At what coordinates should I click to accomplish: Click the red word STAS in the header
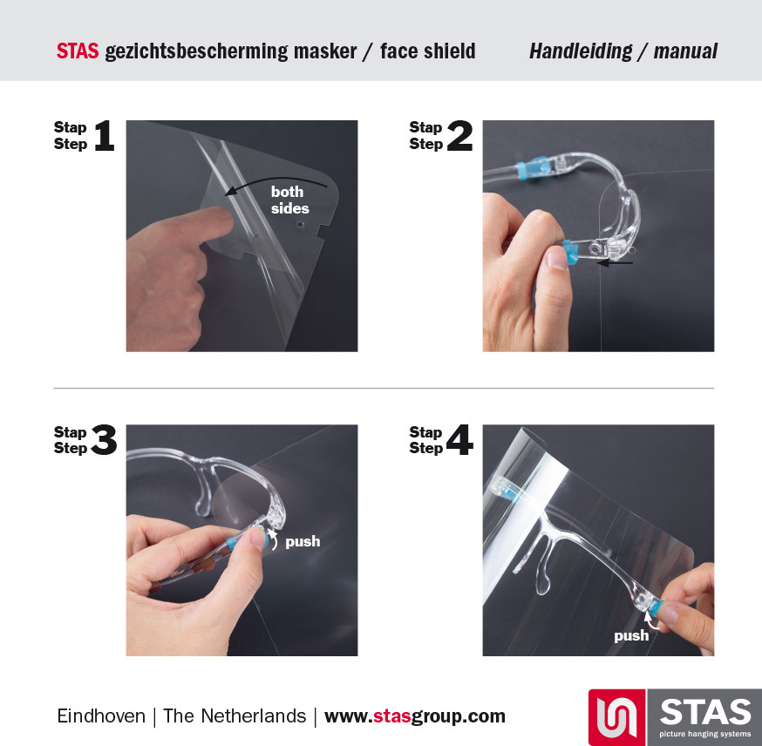78,51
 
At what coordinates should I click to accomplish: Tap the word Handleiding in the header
581,51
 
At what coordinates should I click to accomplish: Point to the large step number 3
104,439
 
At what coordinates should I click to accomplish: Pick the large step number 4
459,439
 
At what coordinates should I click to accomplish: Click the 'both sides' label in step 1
289,200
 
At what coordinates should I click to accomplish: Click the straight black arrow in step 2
615,262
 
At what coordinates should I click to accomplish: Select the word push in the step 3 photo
303,541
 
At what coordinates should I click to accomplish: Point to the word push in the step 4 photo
631,635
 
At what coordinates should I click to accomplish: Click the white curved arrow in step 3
274,539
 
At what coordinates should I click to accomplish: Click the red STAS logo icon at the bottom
616,717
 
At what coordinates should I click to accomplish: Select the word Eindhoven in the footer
101,715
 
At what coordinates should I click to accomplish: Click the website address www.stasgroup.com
414,716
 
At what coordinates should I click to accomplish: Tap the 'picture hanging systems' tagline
704,734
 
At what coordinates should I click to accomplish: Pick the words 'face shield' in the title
428,51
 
